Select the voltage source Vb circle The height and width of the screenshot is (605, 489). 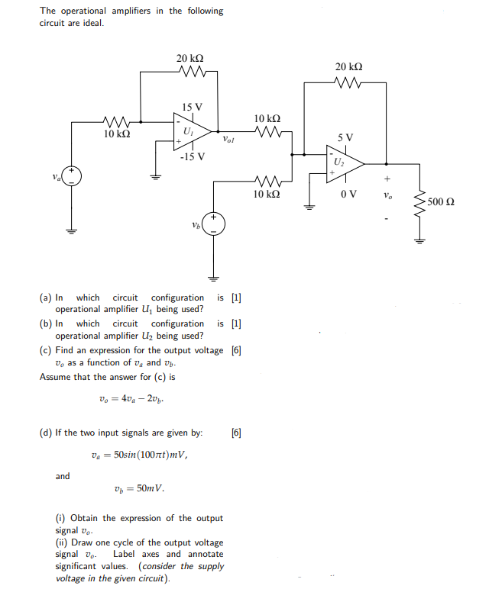(213, 224)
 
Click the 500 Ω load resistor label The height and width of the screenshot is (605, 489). (442, 202)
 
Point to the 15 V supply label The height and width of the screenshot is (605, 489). (193, 106)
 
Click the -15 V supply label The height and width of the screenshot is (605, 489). (191, 157)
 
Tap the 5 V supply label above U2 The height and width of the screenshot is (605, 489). (345, 138)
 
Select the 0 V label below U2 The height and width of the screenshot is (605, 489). (348, 193)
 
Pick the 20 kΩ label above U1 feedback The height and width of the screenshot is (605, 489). (189, 58)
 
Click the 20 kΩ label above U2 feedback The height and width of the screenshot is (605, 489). (348, 67)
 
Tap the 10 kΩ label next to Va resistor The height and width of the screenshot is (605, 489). (116, 134)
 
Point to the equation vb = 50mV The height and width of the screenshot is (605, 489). (138, 488)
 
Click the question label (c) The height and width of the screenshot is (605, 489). (46, 351)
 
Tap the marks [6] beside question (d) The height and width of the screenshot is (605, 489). (235, 433)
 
